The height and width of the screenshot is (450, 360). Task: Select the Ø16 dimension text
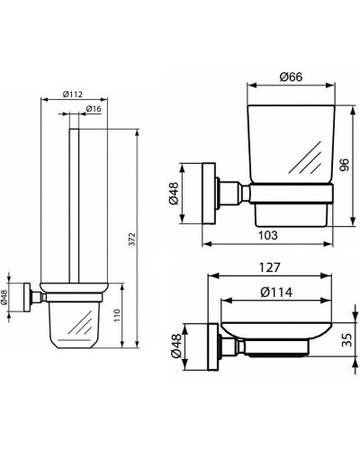93,110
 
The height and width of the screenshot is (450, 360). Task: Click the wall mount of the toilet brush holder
31,294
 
